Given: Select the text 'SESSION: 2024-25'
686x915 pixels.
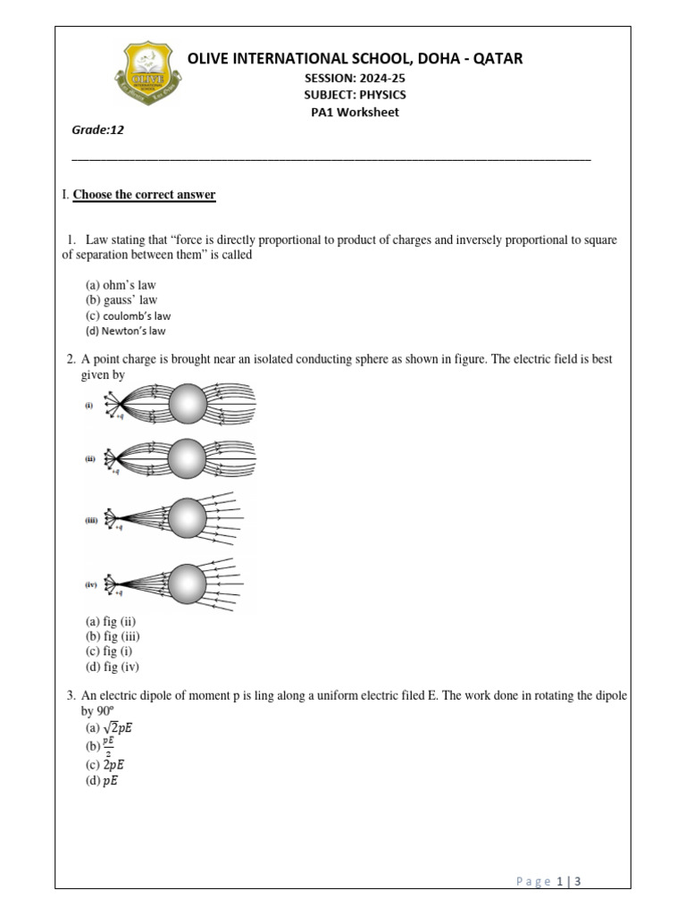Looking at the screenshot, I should [355, 78].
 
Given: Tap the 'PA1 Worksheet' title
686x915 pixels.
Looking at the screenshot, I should [355, 113].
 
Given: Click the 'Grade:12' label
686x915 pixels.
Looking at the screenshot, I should [97, 130].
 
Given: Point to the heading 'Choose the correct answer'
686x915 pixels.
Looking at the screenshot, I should [144, 195].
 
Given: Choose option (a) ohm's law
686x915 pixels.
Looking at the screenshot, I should [121, 285].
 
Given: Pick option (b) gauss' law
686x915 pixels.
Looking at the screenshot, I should [121, 300].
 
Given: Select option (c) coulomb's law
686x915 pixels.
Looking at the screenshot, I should [128, 315].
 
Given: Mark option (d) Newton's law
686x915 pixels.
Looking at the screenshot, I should [126, 331].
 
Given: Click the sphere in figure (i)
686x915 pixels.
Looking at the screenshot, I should [188, 405].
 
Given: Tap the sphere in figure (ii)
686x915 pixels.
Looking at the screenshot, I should [188, 458].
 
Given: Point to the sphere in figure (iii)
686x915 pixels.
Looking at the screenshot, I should [188, 518].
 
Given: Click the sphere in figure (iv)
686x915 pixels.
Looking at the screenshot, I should [188, 584].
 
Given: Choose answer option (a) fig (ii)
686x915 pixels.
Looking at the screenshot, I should [111, 622].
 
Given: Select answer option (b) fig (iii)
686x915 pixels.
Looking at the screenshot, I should [113, 636].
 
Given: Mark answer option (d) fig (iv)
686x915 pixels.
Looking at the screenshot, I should [113, 667].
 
